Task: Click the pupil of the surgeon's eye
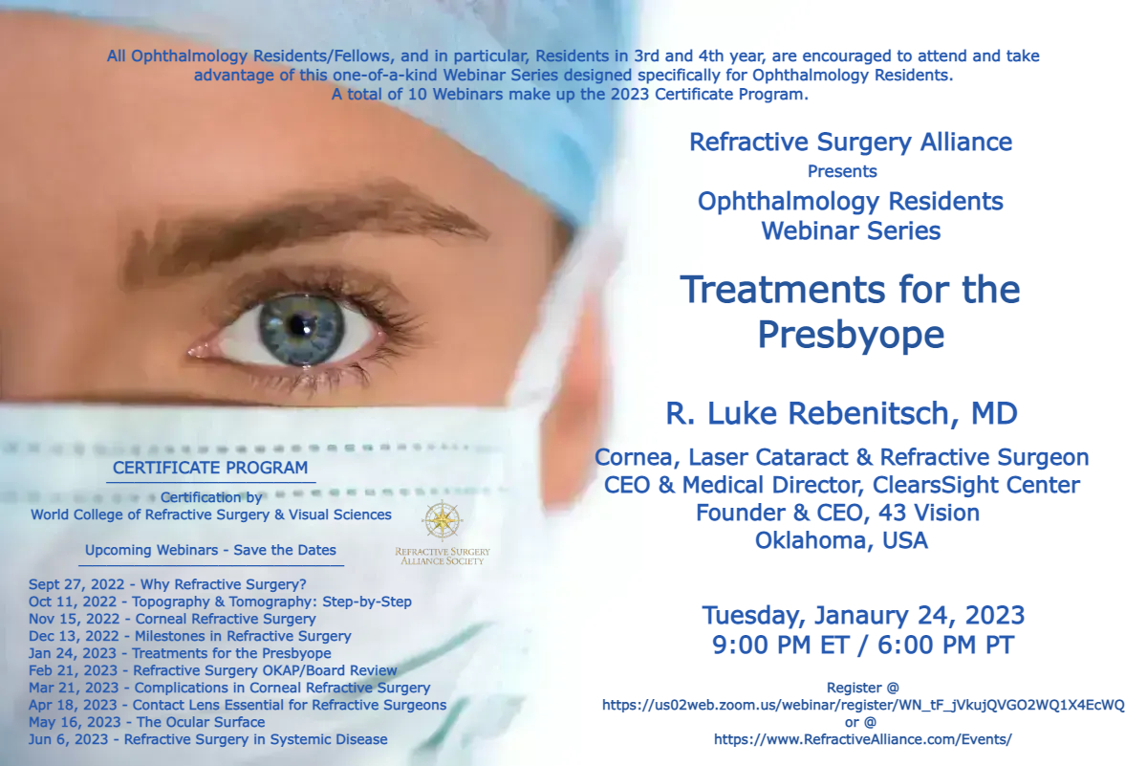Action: [x=297, y=324]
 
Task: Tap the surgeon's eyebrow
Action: [x=302, y=226]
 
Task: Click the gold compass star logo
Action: [x=442, y=520]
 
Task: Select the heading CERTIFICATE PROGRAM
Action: [x=210, y=468]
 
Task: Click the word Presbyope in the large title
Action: [x=851, y=335]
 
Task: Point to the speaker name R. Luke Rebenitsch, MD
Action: [x=841, y=413]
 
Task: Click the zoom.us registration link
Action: [x=863, y=705]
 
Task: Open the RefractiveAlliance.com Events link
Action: [x=863, y=739]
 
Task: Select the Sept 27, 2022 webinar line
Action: [x=167, y=584]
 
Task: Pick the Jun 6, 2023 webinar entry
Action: [x=208, y=739]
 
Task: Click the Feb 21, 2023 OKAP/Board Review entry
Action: [x=213, y=670]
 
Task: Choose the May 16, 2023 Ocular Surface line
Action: [x=147, y=722]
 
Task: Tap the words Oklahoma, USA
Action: [x=841, y=540]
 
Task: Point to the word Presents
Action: [x=842, y=171]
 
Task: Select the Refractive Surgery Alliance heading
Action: [x=851, y=142]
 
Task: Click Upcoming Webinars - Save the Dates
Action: [x=210, y=550]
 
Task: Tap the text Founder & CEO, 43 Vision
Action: [x=837, y=513]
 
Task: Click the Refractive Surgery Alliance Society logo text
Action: [x=443, y=556]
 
